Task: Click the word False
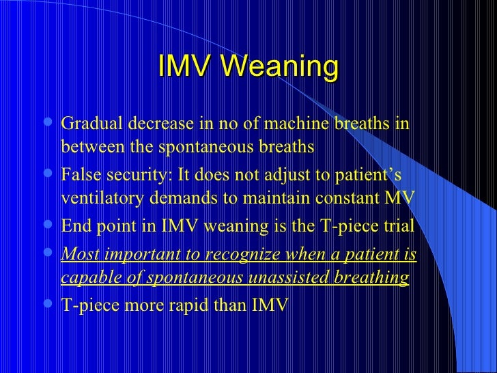79,175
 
